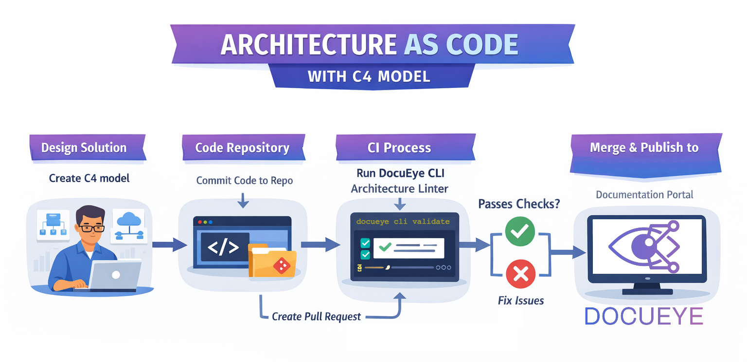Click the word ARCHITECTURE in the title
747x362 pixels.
308,45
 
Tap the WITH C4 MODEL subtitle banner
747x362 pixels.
370,76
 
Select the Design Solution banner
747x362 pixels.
84,148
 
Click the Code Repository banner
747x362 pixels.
242,148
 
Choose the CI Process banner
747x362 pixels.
399,148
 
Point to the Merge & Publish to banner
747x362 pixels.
644,148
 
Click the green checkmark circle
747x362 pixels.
520,231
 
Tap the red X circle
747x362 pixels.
520,274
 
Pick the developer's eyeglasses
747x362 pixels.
92,228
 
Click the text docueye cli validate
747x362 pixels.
403,222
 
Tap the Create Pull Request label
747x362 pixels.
316,317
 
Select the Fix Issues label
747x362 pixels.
521,301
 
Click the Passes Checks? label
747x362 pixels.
519,204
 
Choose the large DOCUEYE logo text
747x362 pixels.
643,316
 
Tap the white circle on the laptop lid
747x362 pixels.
116,275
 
